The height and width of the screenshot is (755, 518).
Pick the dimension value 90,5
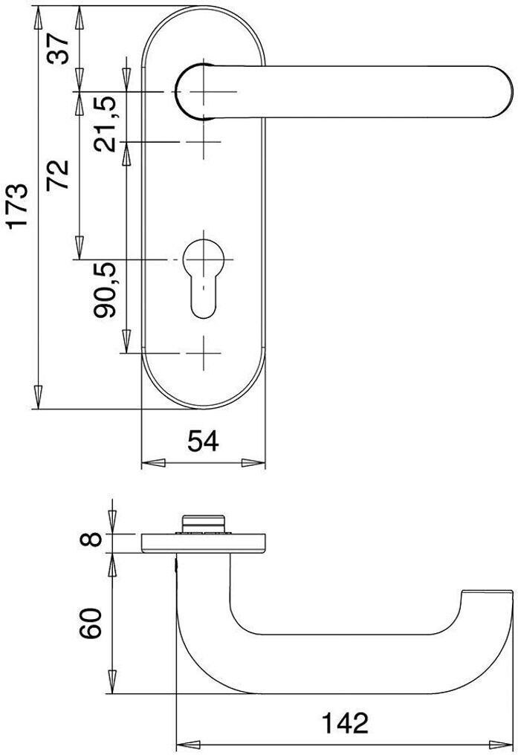pyautogui.click(x=105, y=290)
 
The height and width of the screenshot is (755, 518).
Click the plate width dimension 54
pyautogui.click(x=203, y=441)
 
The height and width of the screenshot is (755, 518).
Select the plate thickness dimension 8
pyautogui.click(x=91, y=539)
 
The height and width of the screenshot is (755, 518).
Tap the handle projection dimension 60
pyautogui.click(x=91, y=623)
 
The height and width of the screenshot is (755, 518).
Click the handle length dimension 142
pyautogui.click(x=345, y=723)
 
